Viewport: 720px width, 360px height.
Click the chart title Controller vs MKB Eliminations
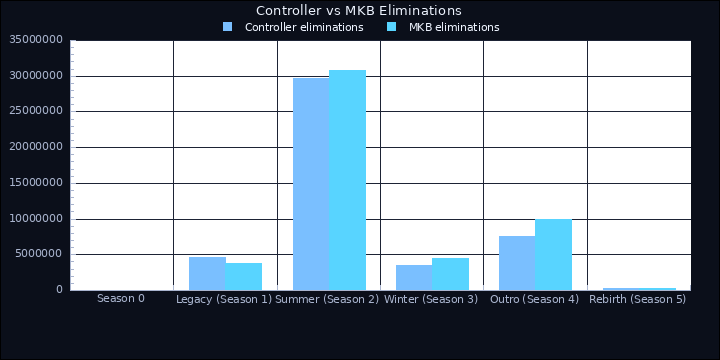coord(359,10)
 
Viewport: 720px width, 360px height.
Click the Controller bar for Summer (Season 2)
coord(311,184)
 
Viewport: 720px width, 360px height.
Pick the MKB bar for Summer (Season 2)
coord(347,180)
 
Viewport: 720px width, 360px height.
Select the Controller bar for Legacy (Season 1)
coord(207,273)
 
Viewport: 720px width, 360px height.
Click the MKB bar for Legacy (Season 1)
coord(244,276)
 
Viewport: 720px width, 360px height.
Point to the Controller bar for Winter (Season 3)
coord(414,277)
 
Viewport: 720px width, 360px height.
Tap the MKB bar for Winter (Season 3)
coord(450,274)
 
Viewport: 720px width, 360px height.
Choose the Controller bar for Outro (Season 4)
coord(517,263)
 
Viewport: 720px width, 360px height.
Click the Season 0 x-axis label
coord(121,298)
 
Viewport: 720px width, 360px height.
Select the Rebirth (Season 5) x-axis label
coord(638,299)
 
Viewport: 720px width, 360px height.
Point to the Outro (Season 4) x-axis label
coord(535,299)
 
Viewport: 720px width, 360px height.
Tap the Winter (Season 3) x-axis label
coord(431,299)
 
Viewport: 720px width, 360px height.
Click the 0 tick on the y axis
coord(59,290)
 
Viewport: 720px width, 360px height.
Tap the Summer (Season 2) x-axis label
coord(327,299)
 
